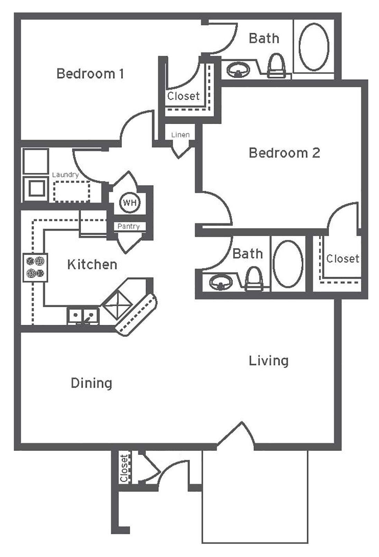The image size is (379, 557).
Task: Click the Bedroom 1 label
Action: [x=90, y=74]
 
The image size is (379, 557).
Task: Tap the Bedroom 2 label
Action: [x=284, y=153]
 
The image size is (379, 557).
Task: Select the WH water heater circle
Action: [x=130, y=203]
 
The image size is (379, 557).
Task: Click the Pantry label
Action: [x=128, y=226]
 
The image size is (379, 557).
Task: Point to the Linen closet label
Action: [x=180, y=135]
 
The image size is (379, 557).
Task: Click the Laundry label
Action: [x=65, y=175]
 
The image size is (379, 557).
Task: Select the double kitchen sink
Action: [x=83, y=315]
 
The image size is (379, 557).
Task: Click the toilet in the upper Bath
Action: [x=277, y=66]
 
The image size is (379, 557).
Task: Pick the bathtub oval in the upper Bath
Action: [x=314, y=47]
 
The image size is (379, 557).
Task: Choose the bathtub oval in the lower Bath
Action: [x=288, y=264]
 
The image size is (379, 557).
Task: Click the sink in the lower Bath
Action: [x=220, y=282]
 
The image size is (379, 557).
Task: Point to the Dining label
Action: [x=91, y=383]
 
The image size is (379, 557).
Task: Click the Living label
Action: [x=269, y=361]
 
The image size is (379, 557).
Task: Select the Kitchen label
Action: [x=92, y=264]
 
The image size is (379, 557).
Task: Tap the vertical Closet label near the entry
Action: [x=124, y=468]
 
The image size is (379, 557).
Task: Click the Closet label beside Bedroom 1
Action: [x=183, y=96]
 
